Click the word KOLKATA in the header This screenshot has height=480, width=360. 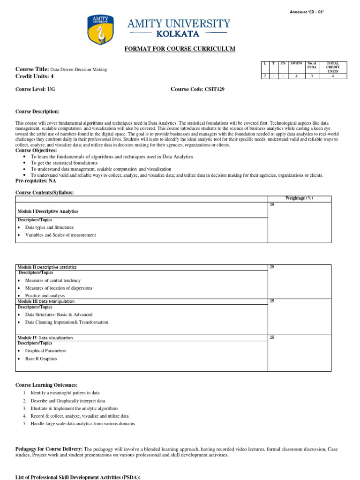click(178, 34)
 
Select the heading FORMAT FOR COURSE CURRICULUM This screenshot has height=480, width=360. click(180, 49)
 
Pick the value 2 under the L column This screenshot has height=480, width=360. click(265, 76)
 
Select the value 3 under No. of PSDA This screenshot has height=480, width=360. click(312, 76)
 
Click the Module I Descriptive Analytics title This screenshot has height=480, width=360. click(48, 211)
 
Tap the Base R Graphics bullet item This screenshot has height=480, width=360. click(41, 359)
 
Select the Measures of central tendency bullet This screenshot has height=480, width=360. click(53, 280)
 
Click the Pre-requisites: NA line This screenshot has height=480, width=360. click(36, 180)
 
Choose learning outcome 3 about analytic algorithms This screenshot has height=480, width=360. click(75, 408)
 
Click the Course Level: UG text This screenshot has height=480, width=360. click(35, 89)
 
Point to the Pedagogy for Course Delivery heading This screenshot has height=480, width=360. click(49, 449)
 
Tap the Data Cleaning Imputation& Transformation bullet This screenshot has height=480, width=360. click(67, 322)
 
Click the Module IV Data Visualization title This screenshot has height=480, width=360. click(45, 337)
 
